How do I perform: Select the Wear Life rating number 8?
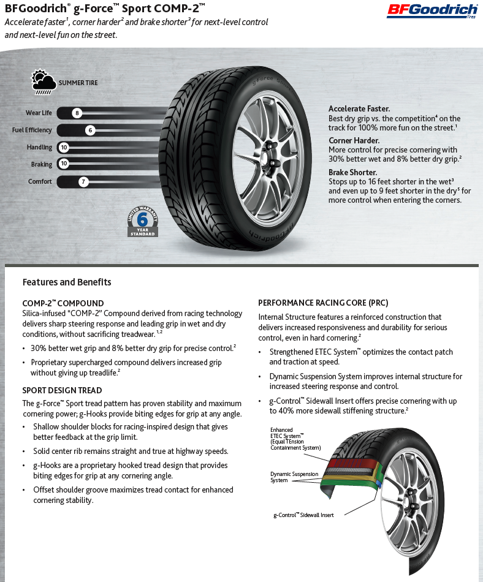pyautogui.click(x=77, y=113)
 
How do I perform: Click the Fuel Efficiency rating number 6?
pyautogui.click(x=90, y=130)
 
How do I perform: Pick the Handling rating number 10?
pyautogui.click(x=64, y=147)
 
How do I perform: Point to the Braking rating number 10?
pyautogui.click(x=64, y=164)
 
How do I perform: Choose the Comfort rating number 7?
pyautogui.click(x=84, y=181)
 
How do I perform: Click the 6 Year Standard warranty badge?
pyautogui.click(x=143, y=221)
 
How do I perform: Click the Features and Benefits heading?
pyautogui.click(x=67, y=282)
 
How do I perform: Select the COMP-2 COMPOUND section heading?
pyautogui.click(x=63, y=303)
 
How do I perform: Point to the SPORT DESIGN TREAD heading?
pyautogui.click(x=62, y=390)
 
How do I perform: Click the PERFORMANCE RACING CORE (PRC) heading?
pyautogui.click(x=323, y=303)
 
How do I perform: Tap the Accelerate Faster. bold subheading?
pyautogui.click(x=359, y=108)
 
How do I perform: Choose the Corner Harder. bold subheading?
pyautogui.click(x=354, y=140)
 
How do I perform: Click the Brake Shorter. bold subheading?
pyautogui.click(x=352, y=172)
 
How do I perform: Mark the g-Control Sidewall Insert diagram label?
pyautogui.click(x=303, y=515)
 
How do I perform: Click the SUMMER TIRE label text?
pyautogui.click(x=78, y=83)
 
